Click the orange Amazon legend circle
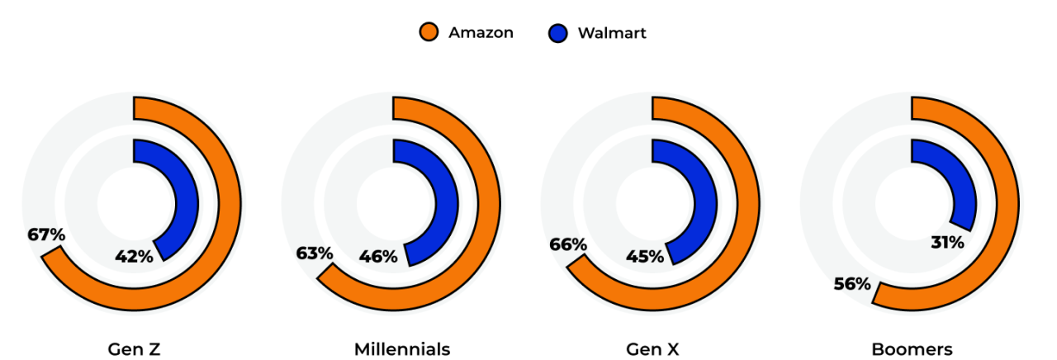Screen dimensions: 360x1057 point(429,33)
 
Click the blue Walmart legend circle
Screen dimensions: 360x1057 point(558,33)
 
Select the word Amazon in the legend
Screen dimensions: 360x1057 point(481,33)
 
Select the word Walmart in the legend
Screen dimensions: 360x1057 point(612,33)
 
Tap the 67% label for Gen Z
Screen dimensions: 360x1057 point(46,234)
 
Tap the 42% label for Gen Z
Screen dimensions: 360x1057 point(134,256)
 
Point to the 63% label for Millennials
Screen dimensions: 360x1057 point(315,252)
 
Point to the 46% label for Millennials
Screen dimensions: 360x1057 point(378,256)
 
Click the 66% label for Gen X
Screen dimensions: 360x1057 point(568,244)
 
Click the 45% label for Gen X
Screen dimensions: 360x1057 point(645,256)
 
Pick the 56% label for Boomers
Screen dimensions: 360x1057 point(852,284)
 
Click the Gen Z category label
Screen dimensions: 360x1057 point(134,349)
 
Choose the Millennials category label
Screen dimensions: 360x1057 point(402,349)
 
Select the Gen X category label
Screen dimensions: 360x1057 point(652,349)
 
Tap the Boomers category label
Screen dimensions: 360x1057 point(912,349)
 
